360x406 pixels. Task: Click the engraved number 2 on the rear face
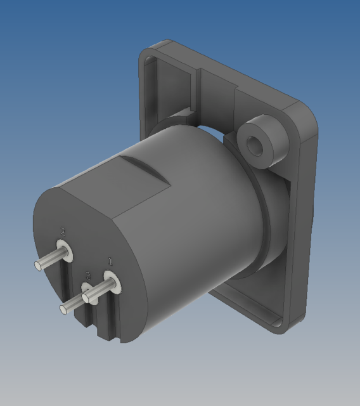[x=62, y=231]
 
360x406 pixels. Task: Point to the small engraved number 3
[x=88, y=276]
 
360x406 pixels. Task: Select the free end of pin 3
[x=64, y=309]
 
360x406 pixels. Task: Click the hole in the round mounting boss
[x=255, y=145]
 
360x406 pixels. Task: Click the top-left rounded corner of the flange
[x=147, y=51]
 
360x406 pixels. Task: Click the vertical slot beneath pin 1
[x=113, y=317]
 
